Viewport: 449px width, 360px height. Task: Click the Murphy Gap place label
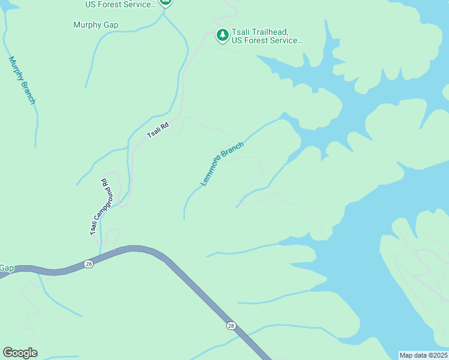95,25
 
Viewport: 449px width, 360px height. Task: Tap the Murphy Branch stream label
22,80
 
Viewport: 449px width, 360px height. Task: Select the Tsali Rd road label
158,130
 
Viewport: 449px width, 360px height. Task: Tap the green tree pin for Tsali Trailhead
222,36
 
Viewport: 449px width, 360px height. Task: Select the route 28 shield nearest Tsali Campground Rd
88,264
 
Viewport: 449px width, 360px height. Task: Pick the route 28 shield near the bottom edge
231,326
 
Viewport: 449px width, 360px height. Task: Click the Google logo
20,353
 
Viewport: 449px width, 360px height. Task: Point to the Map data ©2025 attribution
423,355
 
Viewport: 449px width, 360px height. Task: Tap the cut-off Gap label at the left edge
7,268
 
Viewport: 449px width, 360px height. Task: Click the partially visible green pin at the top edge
166,3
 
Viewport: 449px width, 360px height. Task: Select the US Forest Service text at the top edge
120,4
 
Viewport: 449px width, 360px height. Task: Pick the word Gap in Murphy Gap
110,25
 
